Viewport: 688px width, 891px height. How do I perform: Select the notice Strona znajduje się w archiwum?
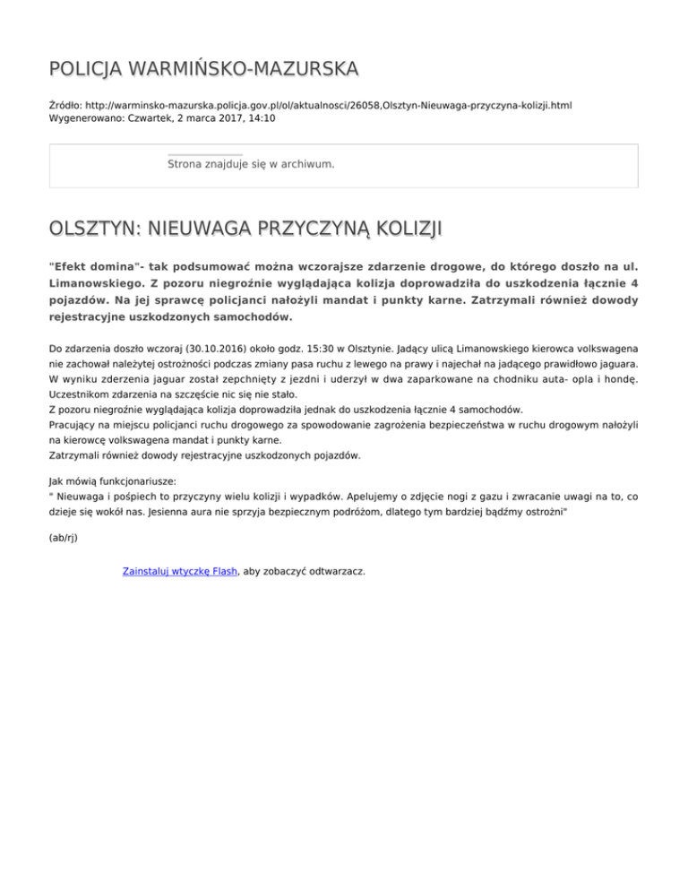click(x=251, y=165)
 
